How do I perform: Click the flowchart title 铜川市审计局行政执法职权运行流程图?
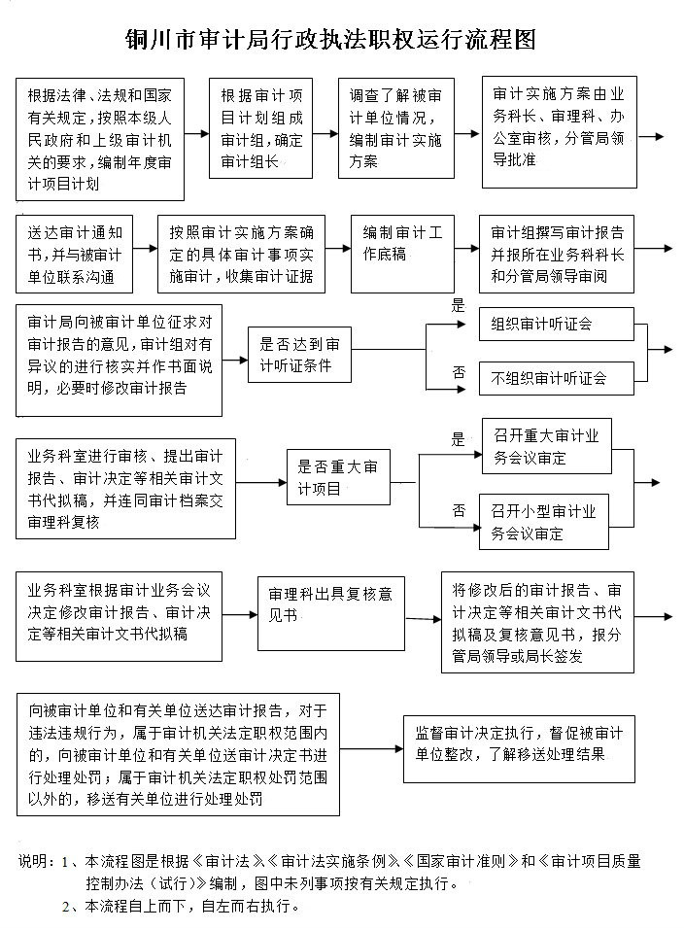click(x=331, y=40)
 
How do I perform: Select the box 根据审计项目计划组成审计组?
click(x=261, y=128)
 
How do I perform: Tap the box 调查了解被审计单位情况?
click(x=396, y=128)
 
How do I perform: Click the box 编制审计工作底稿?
click(x=402, y=254)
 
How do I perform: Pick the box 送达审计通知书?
click(x=74, y=254)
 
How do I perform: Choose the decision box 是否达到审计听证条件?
click(x=299, y=355)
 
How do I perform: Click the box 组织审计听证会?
click(x=557, y=324)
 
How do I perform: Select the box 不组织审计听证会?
click(x=557, y=378)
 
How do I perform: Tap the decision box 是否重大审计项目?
click(x=339, y=477)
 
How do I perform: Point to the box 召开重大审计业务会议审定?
click(x=547, y=446)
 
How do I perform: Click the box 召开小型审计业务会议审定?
click(x=544, y=521)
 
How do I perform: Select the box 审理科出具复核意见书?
click(x=331, y=613)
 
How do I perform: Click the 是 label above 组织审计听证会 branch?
click(x=458, y=306)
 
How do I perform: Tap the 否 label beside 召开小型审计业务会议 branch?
click(x=459, y=510)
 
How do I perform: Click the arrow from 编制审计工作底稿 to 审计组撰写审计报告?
click(x=467, y=249)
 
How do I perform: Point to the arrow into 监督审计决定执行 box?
click(x=372, y=748)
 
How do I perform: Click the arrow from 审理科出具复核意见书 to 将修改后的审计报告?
click(x=424, y=619)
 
